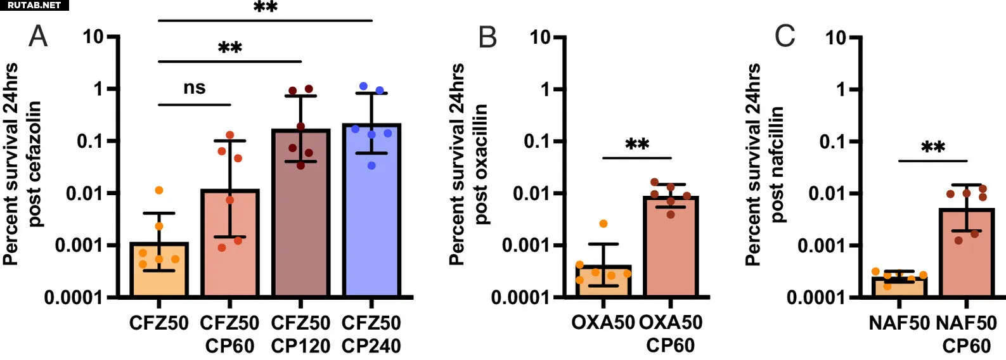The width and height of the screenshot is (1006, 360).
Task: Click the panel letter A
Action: [x=38, y=37]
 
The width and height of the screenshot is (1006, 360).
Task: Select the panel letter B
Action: [x=487, y=37]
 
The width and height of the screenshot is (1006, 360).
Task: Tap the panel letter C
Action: [x=784, y=37]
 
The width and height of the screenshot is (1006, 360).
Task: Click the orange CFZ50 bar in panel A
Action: [x=159, y=270]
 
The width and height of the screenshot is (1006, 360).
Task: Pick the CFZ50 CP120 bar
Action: [x=300, y=215]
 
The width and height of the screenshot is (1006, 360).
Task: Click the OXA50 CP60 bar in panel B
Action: [x=670, y=247]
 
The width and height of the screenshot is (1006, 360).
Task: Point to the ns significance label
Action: [x=195, y=88]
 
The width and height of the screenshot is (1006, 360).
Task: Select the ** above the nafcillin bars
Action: [x=933, y=148]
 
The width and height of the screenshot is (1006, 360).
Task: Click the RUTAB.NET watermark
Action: [x=34, y=5]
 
